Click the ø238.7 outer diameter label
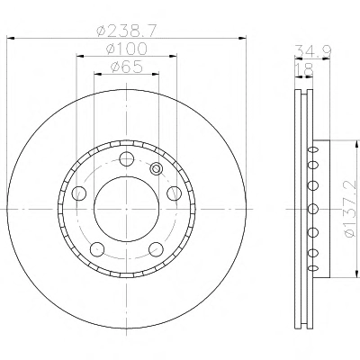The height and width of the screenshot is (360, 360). (x=126, y=31)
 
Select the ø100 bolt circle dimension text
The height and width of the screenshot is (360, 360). (x=127, y=49)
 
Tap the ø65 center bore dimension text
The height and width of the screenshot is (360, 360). (x=127, y=67)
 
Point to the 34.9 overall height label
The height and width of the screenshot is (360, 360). (x=313, y=50)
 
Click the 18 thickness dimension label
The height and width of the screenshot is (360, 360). (x=304, y=69)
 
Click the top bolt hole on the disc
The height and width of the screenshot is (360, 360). (x=126, y=159)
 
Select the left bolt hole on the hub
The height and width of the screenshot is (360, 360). (x=79, y=193)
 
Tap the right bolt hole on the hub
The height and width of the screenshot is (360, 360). (x=174, y=193)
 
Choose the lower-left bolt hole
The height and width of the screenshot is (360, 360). (x=97, y=249)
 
